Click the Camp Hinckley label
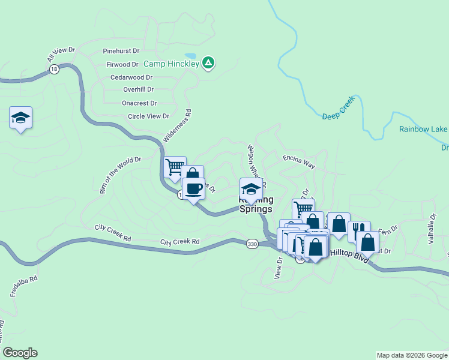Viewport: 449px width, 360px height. pyautogui.click(x=170, y=62)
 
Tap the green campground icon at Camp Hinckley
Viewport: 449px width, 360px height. pyautogui.click(x=208, y=62)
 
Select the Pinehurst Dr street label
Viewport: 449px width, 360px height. pyautogui.click(x=121, y=51)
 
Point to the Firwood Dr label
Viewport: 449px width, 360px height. pyautogui.click(x=122, y=64)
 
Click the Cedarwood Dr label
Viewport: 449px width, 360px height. pyautogui.click(x=131, y=77)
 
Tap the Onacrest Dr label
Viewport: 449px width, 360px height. pyautogui.click(x=139, y=103)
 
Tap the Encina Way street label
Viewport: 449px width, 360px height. pyautogui.click(x=299, y=161)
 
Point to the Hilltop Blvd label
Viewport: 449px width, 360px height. pyautogui.click(x=348, y=254)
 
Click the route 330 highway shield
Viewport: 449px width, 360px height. pyautogui.click(x=252, y=243)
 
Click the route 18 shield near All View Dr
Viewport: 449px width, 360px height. pyautogui.click(x=54, y=70)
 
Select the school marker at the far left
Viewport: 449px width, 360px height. pyautogui.click(x=20, y=118)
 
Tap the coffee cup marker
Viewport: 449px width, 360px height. pyautogui.click(x=193, y=189)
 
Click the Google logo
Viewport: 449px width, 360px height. pyautogui.click(x=20, y=353)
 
